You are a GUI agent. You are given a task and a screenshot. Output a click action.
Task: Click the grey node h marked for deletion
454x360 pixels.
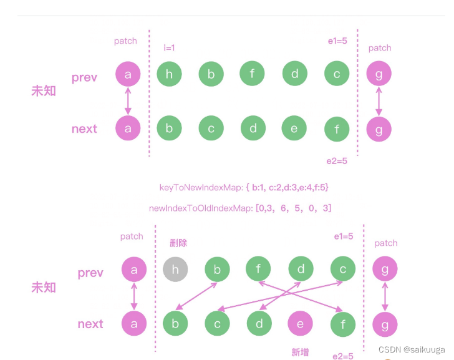[175, 270]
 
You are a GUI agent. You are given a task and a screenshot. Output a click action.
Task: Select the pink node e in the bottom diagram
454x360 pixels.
[300, 324]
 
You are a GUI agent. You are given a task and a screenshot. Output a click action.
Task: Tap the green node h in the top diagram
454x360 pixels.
[169, 75]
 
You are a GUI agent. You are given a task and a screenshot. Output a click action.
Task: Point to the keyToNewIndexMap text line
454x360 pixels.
[244, 187]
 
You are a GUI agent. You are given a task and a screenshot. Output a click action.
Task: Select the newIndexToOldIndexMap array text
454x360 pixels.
[240, 208]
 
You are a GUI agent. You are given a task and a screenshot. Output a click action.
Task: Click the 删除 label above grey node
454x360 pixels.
[178, 243]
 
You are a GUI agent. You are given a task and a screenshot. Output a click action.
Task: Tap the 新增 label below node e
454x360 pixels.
[300, 352]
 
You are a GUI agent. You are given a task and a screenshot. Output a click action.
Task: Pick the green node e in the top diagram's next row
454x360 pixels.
[295, 129]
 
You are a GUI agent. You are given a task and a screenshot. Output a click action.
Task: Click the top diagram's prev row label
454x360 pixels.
[84, 77]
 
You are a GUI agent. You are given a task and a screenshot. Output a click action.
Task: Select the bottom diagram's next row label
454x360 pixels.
[90, 324]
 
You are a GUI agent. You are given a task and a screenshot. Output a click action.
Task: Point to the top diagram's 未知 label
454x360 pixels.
[44, 91]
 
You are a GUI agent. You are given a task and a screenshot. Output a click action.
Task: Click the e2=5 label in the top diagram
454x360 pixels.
[337, 161]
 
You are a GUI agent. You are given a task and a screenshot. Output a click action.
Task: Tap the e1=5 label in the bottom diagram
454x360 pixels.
[344, 236]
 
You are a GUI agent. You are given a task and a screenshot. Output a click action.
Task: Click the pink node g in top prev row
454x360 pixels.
[379, 74]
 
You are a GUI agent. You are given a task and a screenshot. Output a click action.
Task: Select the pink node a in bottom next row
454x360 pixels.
[133, 324]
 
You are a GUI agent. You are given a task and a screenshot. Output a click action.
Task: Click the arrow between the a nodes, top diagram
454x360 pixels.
[128, 101]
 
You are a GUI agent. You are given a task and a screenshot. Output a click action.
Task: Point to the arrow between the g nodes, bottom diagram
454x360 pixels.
[385, 297]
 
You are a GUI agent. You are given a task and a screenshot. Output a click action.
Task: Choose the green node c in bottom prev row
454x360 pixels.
[342, 270]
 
